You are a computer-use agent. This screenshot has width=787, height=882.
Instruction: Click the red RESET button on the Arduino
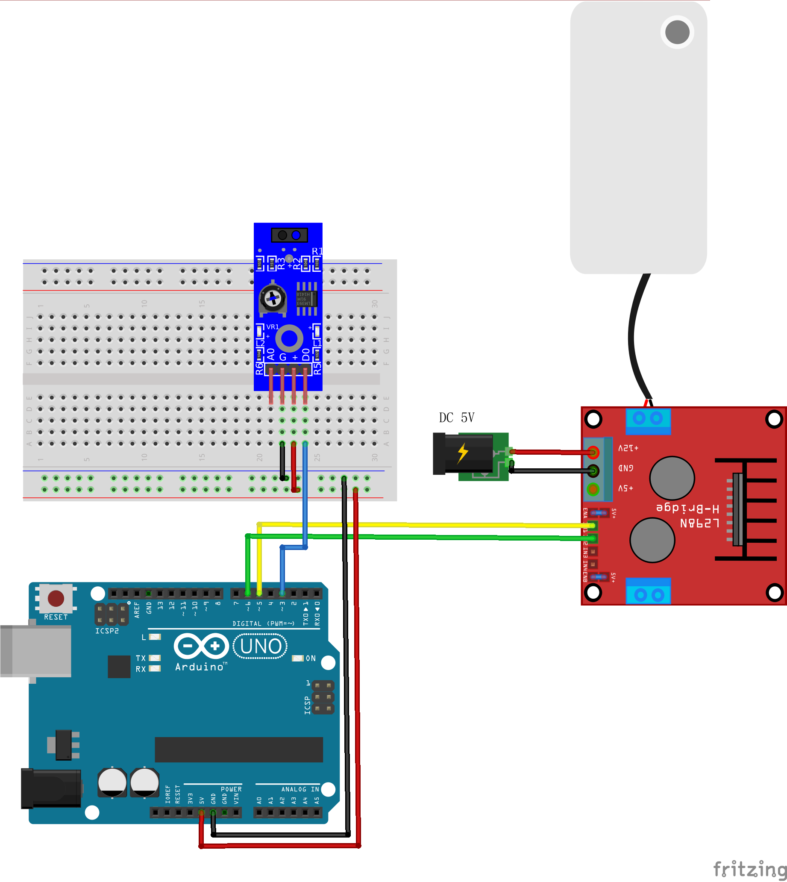[x=56, y=599]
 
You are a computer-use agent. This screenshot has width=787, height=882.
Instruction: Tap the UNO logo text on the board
[x=260, y=646]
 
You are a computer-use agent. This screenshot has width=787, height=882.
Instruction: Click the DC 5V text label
[x=457, y=418]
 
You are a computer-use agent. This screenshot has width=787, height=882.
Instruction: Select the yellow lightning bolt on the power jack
[x=463, y=453]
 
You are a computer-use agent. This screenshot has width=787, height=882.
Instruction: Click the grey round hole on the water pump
[x=677, y=32]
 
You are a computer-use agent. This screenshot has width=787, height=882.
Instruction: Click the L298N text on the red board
[x=700, y=523]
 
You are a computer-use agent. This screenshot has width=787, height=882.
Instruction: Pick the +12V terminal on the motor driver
[x=593, y=452]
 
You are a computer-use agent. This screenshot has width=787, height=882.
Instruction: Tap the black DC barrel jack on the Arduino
[x=51, y=788]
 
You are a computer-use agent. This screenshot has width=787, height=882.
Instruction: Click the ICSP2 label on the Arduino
[x=107, y=631]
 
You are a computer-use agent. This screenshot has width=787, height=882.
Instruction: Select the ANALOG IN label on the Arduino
[x=300, y=789]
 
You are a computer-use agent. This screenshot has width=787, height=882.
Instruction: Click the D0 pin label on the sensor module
[x=306, y=355]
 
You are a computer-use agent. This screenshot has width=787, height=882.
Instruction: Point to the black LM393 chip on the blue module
[x=307, y=299]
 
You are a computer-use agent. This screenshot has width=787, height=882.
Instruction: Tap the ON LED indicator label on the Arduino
[x=311, y=659]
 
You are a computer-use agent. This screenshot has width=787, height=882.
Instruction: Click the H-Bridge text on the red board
[x=687, y=507]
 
